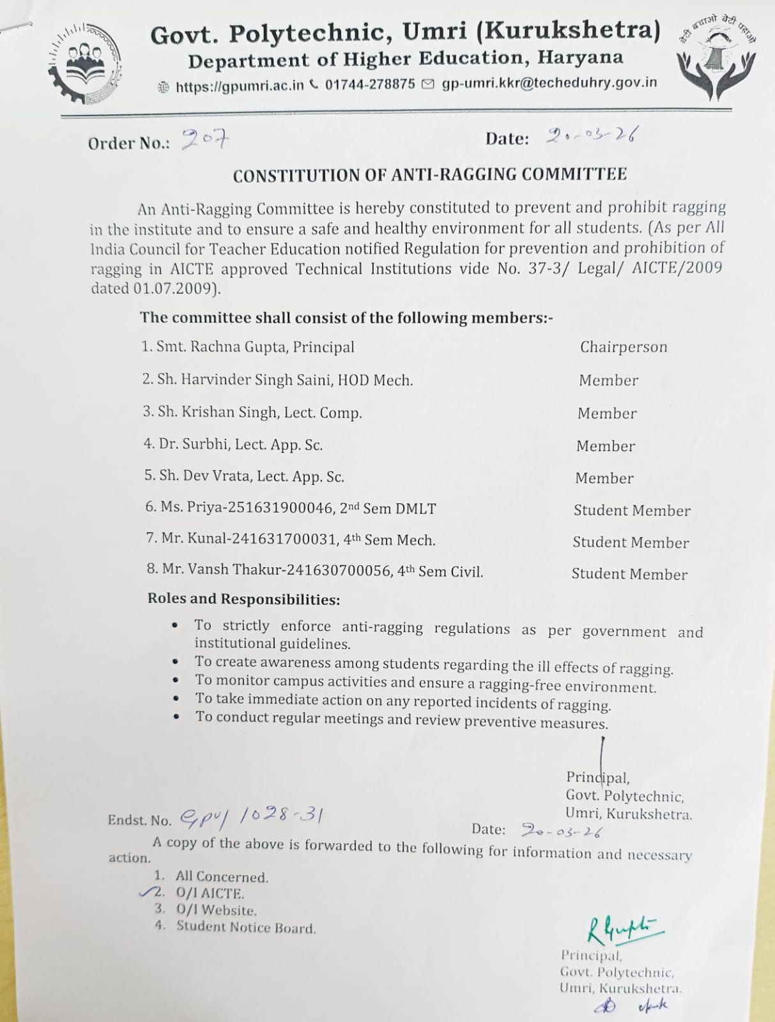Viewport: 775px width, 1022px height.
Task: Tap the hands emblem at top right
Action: [717, 59]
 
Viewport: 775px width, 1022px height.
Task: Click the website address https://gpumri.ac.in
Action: [240, 86]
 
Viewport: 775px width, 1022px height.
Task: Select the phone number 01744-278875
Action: [370, 84]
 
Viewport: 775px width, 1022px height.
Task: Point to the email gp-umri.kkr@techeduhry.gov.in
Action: [549, 83]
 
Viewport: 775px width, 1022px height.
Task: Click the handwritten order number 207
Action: [204, 139]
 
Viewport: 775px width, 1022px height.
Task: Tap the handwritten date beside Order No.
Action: [592, 135]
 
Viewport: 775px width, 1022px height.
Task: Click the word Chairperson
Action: [624, 347]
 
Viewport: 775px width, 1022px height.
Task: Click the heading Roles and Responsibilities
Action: [243, 599]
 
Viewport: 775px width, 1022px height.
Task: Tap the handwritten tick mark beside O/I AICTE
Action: [148, 892]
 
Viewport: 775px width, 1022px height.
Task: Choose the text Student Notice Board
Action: [246, 927]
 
